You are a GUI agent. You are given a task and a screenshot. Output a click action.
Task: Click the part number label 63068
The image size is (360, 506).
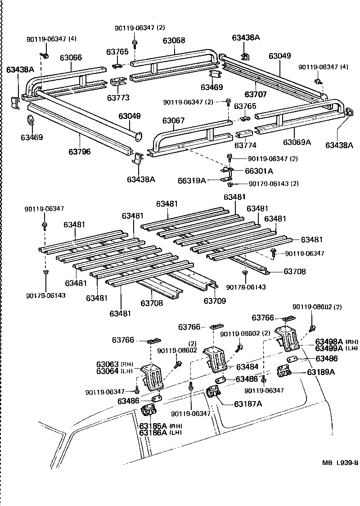(x=174, y=41)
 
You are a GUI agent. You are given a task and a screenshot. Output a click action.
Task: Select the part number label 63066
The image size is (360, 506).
(x=71, y=57)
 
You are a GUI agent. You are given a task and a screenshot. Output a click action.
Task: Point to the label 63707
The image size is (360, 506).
(x=256, y=95)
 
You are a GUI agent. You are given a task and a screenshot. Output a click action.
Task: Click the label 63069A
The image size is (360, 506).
(x=297, y=142)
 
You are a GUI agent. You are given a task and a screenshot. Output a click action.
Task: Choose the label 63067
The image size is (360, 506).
(x=174, y=120)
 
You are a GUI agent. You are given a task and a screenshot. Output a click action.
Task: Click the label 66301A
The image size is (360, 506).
(x=259, y=171)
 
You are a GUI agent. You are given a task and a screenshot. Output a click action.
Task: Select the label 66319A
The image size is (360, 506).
(x=192, y=181)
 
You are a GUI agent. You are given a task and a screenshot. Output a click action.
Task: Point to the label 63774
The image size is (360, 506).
(x=245, y=145)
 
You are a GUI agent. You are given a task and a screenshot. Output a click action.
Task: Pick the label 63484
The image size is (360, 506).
(x=247, y=367)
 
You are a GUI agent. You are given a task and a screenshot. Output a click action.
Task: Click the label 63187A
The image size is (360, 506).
(x=248, y=403)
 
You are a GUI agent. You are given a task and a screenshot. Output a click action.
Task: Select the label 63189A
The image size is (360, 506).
(x=321, y=372)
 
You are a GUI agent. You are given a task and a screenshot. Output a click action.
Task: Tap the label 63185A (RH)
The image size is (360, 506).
(x=153, y=425)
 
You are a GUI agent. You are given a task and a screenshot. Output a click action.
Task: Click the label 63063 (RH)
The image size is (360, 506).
(x=107, y=364)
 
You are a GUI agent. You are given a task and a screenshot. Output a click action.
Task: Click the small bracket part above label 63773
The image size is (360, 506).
(x=118, y=82)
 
